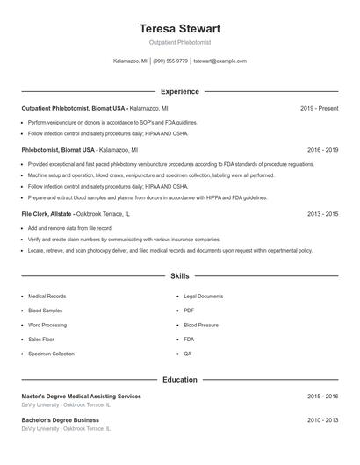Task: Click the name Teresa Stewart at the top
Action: pyautogui.click(x=179, y=29)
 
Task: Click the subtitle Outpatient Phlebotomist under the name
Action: pyautogui.click(x=179, y=43)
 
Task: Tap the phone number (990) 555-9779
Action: pyautogui.click(x=170, y=61)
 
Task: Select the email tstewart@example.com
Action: pyautogui.click(x=220, y=61)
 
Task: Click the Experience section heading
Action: pyautogui.click(x=179, y=91)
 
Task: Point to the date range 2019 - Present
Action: pyautogui.click(x=319, y=108)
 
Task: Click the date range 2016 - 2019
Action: pyautogui.click(x=322, y=150)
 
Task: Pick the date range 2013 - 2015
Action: pyautogui.click(x=322, y=213)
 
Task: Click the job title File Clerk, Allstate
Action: pyautogui.click(x=47, y=213)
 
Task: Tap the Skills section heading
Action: pyautogui.click(x=179, y=276)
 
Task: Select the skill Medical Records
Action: pyautogui.click(x=47, y=297)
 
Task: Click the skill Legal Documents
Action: pyautogui.click(x=204, y=297)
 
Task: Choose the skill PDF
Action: pyautogui.click(x=189, y=311)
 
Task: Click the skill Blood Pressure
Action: pyautogui.click(x=201, y=325)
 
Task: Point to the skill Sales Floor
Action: pyautogui.click(x=41, y=339)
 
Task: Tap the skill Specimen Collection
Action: pyautogui.click(x=51, y=354)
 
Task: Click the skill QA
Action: pyautogui.click(x=188, y=354)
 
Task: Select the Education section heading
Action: pyautogui.click(x=179, y=380)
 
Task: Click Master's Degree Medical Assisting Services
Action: pyautogui.click(x=81, y=397)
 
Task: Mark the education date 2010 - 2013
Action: pyautogui.click(x=322, y=420)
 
